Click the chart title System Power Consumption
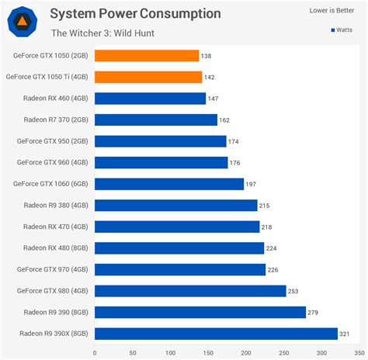[x=135, y=13]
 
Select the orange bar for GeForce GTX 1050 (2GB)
[x=147, y=56]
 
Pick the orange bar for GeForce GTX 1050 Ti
[x=148, y=77]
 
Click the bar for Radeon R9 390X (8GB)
[x=216, y=334]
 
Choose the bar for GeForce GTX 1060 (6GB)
[x=169, y=184]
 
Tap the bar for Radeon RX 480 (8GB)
[x=179, y=248]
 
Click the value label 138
[x=207, y=56]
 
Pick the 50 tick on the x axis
[x=133, y=351]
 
